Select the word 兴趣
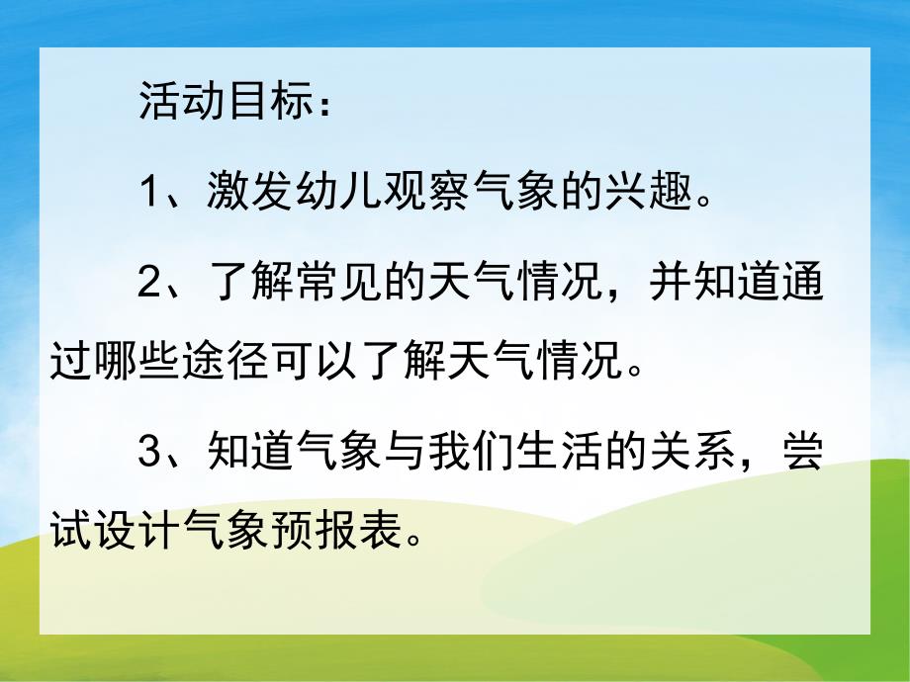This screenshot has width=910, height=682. click(648, 191)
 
